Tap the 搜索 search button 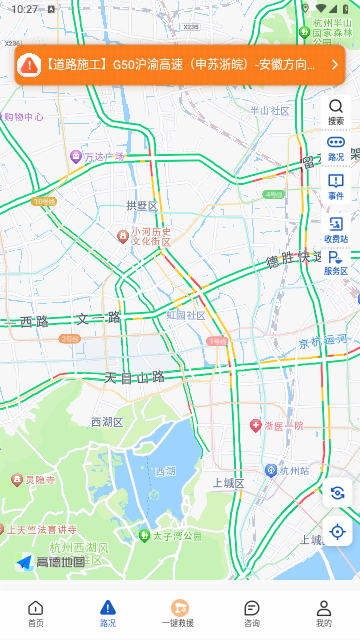coord(336,111)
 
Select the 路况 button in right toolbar coord(336,148)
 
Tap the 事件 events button coord(336,186)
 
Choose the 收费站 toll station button coord(336,230)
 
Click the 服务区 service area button coord(336,263)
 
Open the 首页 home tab coord(36,613)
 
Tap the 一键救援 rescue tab coord(180,613)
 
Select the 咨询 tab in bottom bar coord(252,613)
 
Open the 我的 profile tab coord(324,613)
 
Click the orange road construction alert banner coord(170,64)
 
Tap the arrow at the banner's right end coord(334,64)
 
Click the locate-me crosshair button coord(337,531)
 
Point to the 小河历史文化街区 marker coord(144,236)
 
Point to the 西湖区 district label coord(107,422)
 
